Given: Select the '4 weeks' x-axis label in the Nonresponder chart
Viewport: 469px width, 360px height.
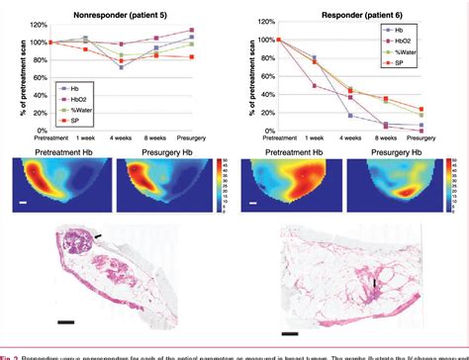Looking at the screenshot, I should pyautogui.click(x=121, y=140).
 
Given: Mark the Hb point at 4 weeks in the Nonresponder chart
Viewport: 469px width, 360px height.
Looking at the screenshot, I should pyautogui.click(x=121, y=66).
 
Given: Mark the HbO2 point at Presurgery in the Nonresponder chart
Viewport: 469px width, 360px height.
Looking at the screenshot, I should pyautogui.click(x=191, y=30).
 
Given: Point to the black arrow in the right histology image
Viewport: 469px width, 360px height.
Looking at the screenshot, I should pyautogui.click(x=375, y=287).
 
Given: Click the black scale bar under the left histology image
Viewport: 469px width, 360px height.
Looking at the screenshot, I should pyautogui.click(x=65, y=320).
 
